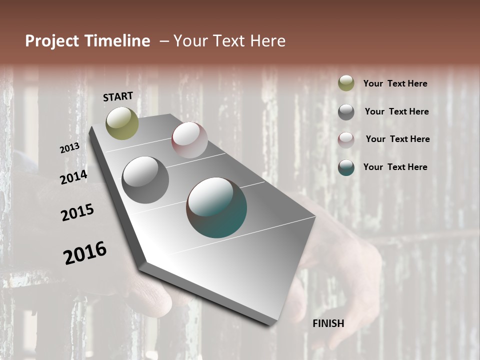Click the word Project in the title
pos(51,41)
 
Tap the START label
pos(118,96)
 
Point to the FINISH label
pos(328,323)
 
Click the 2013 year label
pos(69,148)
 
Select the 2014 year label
pos(73,177)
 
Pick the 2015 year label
pos(77,212)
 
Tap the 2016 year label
pos(85,252)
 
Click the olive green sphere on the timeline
pos(122,123)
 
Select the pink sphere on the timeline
pos(189,140)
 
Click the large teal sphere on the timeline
pos(216,207)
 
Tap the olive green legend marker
pos(346,83)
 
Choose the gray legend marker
pos(346,111)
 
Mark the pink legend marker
pos(346,139)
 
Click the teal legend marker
pos(346,167)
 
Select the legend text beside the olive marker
pos(395,83)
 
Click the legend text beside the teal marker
pos(395,167)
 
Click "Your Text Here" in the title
pos(229,41)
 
